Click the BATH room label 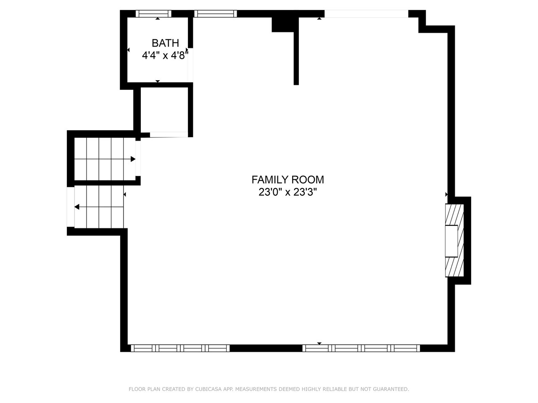(x=165, y=43)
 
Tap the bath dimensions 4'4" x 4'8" (x=165, y=55)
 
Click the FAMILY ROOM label (x=288, y=180)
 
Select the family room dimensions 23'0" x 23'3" (x=288, y=192)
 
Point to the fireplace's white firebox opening (x=451, y=241)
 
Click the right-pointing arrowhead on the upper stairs (x=133, y=159)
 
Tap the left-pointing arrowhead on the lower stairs (x=77, y=207)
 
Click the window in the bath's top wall (x=153, y=14)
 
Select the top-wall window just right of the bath (x=216, y=14)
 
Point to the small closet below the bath (x=164, y=110)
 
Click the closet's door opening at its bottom (x=169, y=135)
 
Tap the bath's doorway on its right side (x=190, y=65)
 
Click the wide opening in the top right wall (x=367, y=14)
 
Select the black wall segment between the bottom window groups (x=266, y=348)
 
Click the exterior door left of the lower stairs (x=71, y=207)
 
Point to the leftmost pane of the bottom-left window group (x=143, y=348)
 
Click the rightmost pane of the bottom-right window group (x=406, y=348)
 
